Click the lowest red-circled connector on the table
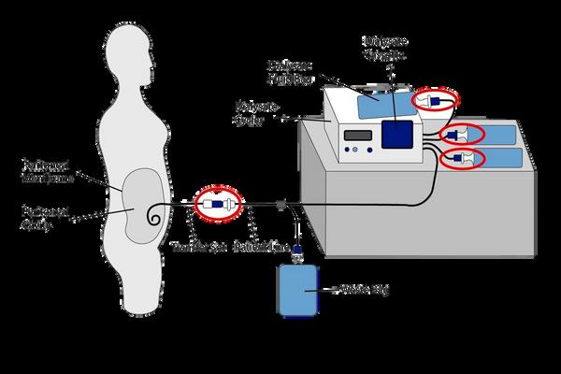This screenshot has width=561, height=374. pyautogui.click(x=462, y=158)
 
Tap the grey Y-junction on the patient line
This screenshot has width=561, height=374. pyautogui.click(x=280, y=203)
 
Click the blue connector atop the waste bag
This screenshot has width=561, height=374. pyautogui.click(x=298, y=251)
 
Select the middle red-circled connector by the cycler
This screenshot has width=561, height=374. pyautogui.click(x=462, y=134)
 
